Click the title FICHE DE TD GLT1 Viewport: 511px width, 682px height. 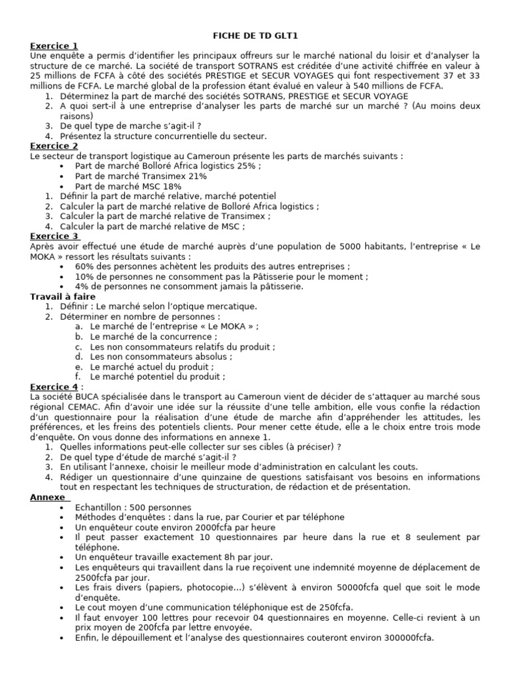point(254,36)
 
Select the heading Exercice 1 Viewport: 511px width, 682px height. point(54,45)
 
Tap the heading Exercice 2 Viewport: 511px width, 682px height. point(54,146)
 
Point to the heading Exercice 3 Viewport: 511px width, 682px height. point(54,236)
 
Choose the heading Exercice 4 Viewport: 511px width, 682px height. point(54,386)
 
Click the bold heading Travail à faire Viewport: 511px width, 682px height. point(63,296)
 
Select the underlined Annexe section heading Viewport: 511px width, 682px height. point(47,497)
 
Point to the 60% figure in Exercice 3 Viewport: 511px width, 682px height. point(85,266)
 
